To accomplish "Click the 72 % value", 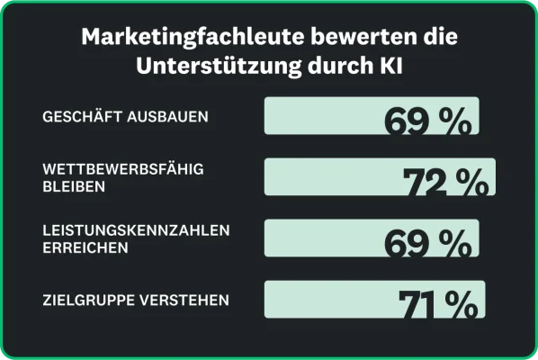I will [x=445, y=183].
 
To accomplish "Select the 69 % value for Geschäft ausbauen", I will [x=427, y=121].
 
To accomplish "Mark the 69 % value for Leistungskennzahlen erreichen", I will [x=427, y=243].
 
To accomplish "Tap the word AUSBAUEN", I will [x=165, y=117].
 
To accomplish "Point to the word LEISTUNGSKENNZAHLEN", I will [x=136, y=230].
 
